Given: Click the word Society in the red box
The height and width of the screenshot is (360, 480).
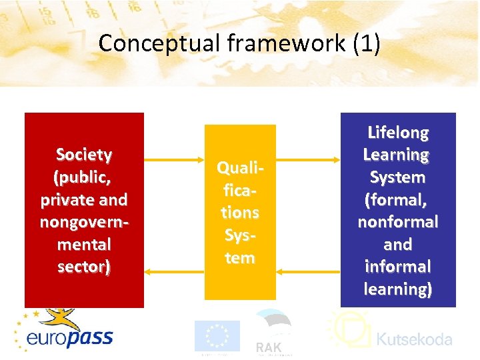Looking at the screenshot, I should (x=84, y=155).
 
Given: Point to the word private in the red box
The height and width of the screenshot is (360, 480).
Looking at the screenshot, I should (x=65, y=200).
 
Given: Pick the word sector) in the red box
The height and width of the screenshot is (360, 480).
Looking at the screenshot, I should (x=84, y=267).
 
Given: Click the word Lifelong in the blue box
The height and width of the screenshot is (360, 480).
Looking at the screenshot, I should (x=398, y=132).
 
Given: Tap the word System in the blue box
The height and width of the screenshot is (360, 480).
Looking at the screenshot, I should (x=398, y=177).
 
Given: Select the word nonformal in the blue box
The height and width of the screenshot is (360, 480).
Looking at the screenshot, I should (x=398, y=222).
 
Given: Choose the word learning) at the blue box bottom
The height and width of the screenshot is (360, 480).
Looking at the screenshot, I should (x=398, y=289).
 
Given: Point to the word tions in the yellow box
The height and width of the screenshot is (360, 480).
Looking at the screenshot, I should (x=240, y=213).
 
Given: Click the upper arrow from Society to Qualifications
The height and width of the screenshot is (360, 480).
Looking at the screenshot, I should (x=174, y=160).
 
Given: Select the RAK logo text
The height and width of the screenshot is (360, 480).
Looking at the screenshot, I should (x=269, y=347).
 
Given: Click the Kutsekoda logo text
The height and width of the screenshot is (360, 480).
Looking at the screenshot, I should (x=414, y=339).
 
